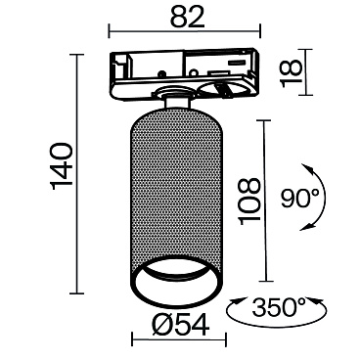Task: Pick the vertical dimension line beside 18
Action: (x=275, y=70)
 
